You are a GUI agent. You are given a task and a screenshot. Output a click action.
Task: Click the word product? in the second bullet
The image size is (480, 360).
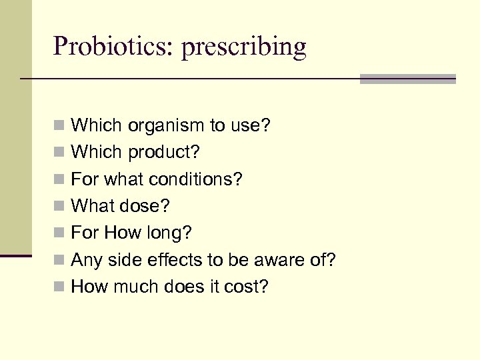(x=163, y=153)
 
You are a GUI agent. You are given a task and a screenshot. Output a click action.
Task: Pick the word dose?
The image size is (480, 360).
(x=147, y=206)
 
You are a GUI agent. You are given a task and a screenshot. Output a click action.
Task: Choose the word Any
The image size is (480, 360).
(x=85, y=260)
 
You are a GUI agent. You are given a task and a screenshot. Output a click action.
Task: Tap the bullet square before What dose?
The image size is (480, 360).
(x=60, y=206)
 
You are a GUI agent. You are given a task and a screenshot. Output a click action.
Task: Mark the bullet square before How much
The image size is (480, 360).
(x=60, y=287)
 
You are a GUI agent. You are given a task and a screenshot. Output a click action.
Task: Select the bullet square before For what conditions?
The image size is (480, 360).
(x=60, y=179)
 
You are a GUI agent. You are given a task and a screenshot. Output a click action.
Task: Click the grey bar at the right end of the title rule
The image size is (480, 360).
(x=407, y=79)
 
